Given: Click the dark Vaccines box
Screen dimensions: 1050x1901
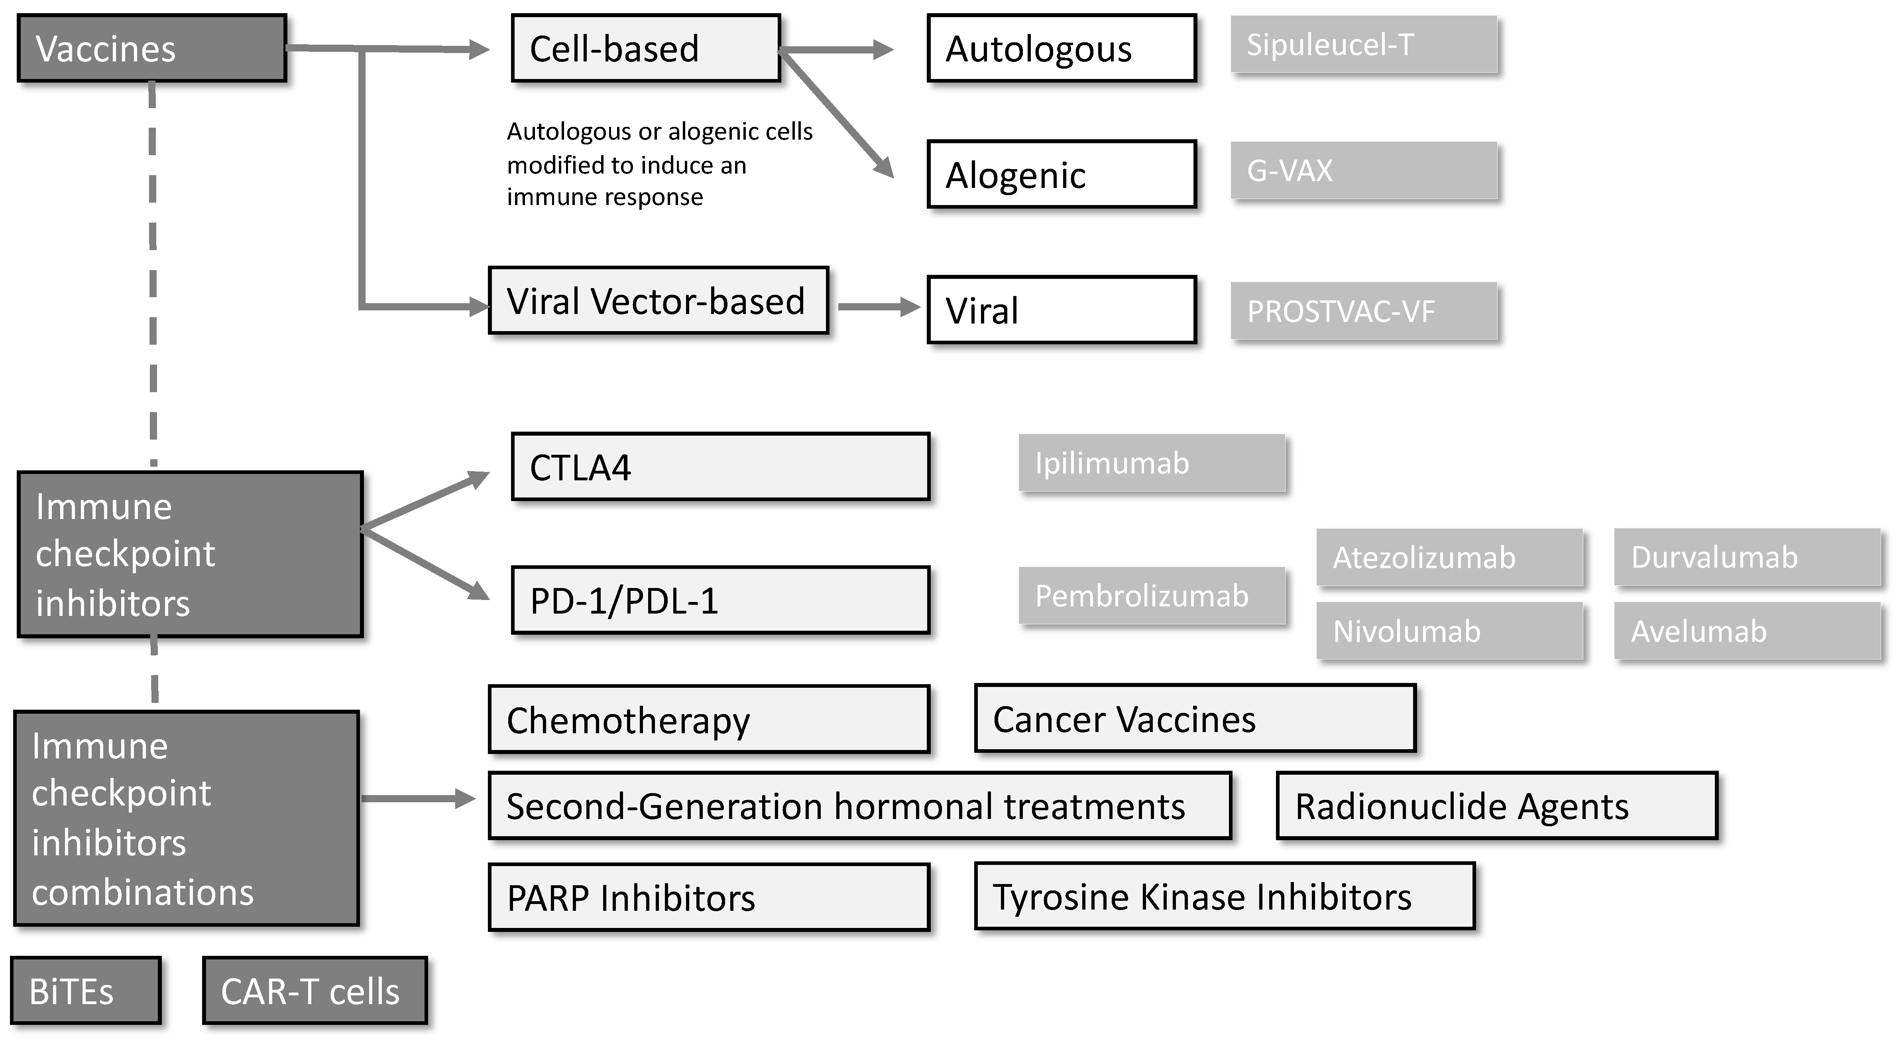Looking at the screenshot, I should (151, 48).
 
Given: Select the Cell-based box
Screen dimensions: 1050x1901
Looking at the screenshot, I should (646, 48).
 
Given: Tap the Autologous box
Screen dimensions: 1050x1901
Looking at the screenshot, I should (1061, 48).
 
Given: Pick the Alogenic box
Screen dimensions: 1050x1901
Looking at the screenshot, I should (1061, 174).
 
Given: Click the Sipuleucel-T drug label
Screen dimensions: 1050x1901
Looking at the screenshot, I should (1363, 44).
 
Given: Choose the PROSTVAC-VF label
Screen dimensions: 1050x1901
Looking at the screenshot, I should (1363, 311).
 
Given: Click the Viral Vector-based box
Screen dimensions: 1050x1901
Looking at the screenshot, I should (658, 300).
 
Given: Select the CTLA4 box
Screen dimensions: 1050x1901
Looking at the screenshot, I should (720, 467).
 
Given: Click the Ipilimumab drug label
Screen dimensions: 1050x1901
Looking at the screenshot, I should (1151, 463).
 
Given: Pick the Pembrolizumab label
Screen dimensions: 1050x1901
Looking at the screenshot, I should (1151, 595).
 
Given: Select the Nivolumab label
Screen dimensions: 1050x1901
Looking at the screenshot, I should (1449, 631).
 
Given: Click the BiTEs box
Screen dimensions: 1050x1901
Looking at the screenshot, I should (86, 990).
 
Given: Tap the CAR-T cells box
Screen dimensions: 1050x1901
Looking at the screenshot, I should (315, 990).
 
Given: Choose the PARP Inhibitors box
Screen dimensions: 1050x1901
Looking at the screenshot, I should (708, 897).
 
